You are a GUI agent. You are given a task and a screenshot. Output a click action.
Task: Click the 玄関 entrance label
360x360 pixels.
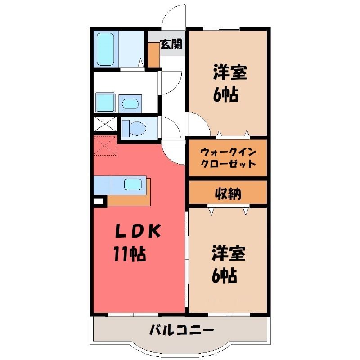[x=171, y=44]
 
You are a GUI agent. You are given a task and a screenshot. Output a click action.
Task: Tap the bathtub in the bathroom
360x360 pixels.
[x=105, y=49]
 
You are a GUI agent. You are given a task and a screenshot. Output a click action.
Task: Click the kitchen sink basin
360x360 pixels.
[x=133, y=184]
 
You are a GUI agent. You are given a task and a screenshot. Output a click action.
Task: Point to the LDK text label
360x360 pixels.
[x=137, y=231]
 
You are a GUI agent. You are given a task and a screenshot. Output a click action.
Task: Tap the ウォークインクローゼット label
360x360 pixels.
[x=228, y=158]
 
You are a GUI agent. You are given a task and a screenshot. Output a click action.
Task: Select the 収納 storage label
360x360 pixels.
[x=228, y=193]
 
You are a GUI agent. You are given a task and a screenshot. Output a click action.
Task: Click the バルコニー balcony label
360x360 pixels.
[x=181, y=331]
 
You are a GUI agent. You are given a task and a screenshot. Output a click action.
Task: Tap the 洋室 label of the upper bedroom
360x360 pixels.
[x=230, y=72]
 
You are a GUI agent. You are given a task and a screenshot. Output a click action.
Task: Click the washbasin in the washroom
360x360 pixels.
[x=130, y=104]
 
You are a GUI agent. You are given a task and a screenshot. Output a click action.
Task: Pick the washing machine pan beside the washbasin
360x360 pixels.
[x=105, y=103]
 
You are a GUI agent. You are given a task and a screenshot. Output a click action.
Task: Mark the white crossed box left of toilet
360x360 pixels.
[x=105, y=124]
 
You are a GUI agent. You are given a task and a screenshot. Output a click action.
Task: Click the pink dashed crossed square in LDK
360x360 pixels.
[x=105, y=145]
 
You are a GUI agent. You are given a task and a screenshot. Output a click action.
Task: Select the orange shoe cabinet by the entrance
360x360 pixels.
[x=153, y=54]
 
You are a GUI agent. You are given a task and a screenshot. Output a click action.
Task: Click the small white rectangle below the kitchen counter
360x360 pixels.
[x=98, y=201]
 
